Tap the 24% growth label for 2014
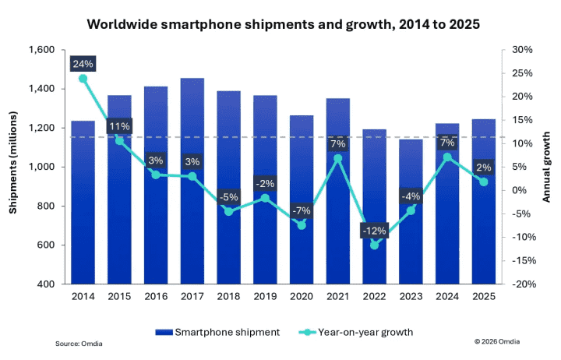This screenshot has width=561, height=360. (83, 63)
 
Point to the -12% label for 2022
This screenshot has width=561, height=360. (373, 231)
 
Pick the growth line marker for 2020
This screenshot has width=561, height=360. (302, 225)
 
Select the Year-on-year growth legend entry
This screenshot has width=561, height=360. (355, 332)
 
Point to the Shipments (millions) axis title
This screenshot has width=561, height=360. (13, 167)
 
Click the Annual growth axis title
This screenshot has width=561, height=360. (549, 167)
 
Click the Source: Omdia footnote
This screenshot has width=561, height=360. (79, 344)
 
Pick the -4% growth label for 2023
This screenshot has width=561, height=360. (411, 196)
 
